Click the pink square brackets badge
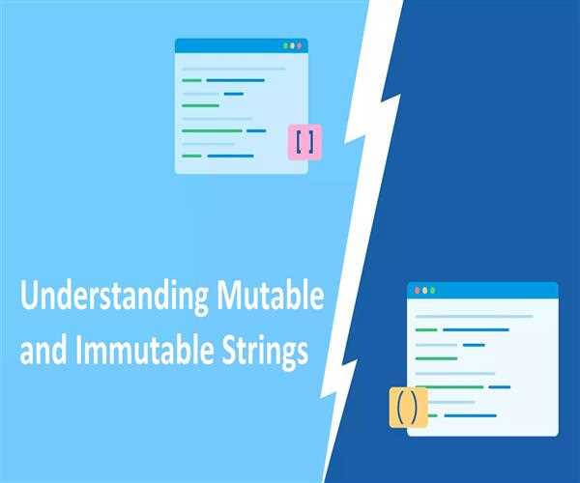(x=304, y=142)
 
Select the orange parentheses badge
(x=407, y=407)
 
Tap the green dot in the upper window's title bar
(x=285, y=45)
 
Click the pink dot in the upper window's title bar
(x=301, y=45)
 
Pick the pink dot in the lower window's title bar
(x=417, y=290)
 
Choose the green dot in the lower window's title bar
(x=432, y=290)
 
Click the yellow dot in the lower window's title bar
(x=424, y=290)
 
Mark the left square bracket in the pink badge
(x=299, y=142)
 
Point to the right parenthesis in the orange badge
(x=413, y=407)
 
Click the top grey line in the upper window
(x=233, y=69)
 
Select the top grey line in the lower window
(x=474, y=316)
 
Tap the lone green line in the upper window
(x=202, y=106)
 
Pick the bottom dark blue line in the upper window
(x=230, y=156)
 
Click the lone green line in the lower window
(x=436, y=358)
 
